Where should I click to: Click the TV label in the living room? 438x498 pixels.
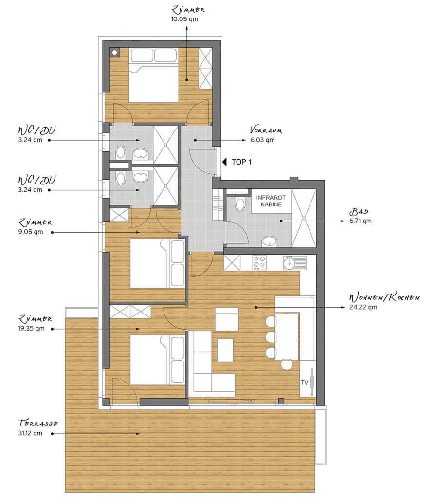pos(304,383)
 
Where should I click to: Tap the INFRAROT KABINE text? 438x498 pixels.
pos(271,201)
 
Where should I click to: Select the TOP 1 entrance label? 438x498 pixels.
pos(241,162)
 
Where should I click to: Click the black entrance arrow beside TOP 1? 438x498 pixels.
pos(224,162)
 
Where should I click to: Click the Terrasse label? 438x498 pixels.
pos(38,423)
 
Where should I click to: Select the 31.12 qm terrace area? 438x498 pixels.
pos(30,433)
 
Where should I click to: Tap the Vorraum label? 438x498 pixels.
pos(266,130)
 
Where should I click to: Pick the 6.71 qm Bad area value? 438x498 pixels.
pos(361,221)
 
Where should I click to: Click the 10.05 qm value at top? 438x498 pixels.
pos(184,19)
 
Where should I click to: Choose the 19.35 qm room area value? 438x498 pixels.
pos(32,329)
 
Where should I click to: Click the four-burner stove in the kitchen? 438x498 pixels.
pos(259,263)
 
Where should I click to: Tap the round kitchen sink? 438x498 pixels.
pos(290,263)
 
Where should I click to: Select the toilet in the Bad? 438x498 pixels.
pos(240,204)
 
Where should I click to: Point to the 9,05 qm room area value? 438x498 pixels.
pos(31,232)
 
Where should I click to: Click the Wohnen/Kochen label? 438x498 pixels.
pos(384,297)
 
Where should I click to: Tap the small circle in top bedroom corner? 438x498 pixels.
pos(115,53)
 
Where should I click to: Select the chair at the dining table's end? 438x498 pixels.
pos(287,365)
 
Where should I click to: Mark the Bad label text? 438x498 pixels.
pos(359,212)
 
